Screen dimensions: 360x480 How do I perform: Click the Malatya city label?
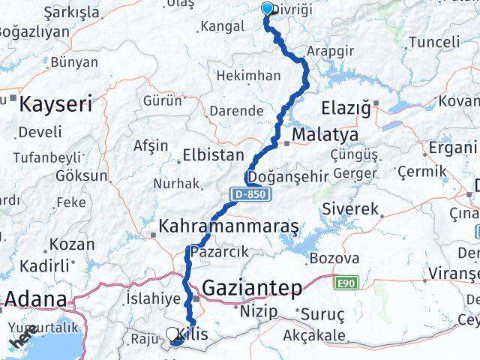tap(325, 136)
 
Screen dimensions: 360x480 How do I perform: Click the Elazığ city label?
tap(346, 109)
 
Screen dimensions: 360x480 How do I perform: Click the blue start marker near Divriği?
tap(268, 9)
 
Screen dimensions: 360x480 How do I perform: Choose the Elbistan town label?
tap(214, 156)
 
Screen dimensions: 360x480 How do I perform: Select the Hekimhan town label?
tap(248, 76)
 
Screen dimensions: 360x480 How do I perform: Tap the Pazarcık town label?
tap(218, 251)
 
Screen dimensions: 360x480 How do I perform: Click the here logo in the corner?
tap(22, 342)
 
